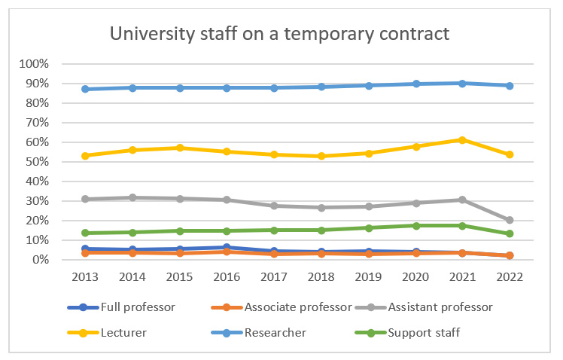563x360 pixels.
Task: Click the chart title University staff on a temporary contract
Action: tap(280, 34)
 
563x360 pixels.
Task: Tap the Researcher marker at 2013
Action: tap(86, 89)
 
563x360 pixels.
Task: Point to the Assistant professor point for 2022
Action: tap(510, 220)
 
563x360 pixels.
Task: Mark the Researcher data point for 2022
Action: tap(510, 86)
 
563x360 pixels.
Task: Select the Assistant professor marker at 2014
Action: tap(133, 197)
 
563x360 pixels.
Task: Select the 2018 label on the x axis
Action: tap(321, 276)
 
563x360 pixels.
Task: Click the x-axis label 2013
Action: tap(86, 276)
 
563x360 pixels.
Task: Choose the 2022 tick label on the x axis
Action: tap(510, 276)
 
